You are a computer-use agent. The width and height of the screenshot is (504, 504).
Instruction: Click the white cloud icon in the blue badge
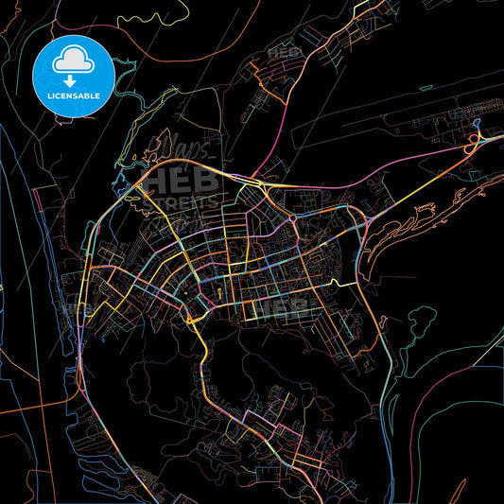74,61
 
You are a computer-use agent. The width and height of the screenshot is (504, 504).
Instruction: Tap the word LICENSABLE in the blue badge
74,96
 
